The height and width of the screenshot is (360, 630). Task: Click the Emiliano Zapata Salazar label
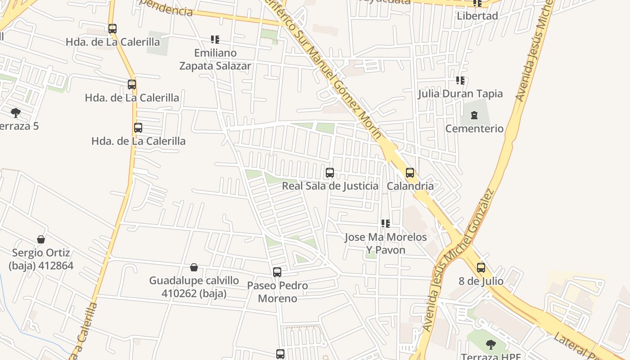coord(215,59)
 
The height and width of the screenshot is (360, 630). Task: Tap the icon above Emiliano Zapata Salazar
coord(215,40)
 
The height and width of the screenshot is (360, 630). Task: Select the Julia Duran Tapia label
coord(460,94)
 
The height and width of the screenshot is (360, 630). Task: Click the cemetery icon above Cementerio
coord(474,115)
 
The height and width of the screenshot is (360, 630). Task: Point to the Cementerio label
coord(474,129)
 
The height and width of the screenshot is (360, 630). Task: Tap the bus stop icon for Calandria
coord(409,173)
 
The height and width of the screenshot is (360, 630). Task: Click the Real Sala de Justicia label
coord(330,186)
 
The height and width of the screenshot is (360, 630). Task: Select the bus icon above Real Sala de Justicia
coord(330,173)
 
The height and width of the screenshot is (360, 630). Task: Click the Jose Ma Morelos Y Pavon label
coord(386,243)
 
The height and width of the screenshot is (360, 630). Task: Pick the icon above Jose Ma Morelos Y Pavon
coord(385,223)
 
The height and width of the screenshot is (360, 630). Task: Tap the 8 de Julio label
coord(481,281)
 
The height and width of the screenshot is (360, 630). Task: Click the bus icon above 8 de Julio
coord(481,268)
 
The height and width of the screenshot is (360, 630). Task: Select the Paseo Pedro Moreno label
coord(278,292)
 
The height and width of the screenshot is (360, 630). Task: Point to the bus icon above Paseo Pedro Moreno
coord(277,272)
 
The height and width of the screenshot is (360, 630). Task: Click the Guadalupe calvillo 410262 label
coord(194,287)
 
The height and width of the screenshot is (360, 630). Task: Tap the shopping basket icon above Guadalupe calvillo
coord(194,267)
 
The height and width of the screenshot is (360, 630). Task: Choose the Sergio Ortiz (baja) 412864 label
coord(41,259)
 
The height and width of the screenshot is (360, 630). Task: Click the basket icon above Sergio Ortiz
coord(41,239)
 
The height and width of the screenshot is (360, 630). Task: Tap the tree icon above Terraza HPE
coord(490,345)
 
